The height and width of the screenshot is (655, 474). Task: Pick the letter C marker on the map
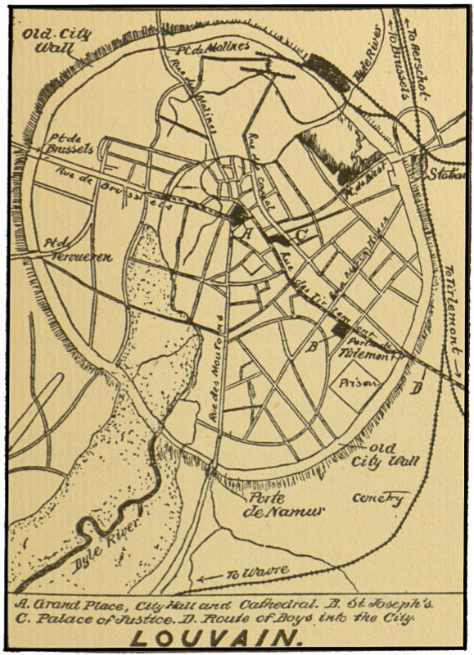click(300, 237)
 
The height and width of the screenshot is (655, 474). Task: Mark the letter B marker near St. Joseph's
click(312, 346)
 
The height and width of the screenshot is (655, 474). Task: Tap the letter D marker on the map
click(418, 387)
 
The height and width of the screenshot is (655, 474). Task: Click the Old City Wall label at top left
click(57, 40)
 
